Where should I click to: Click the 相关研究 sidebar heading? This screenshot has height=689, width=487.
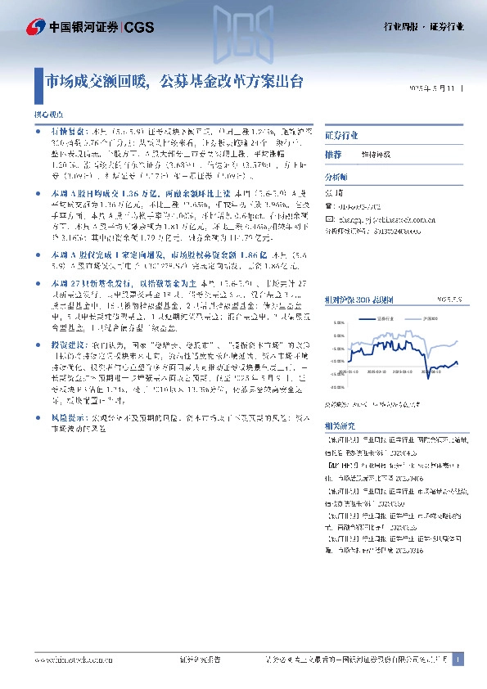click(338, 426)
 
